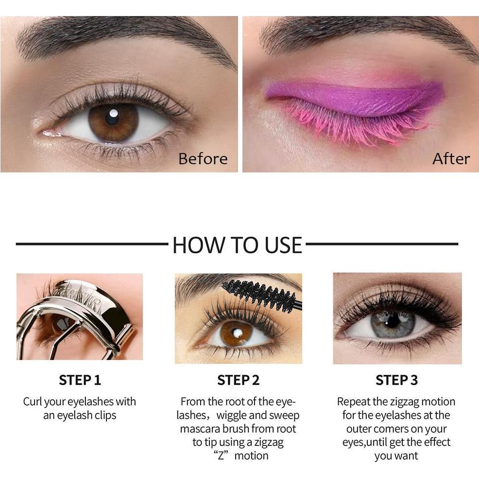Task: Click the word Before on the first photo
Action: click(203, 159)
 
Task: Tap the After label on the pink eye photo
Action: click(451, 159)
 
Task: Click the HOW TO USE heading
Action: click(237, 245)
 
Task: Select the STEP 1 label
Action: click(80, 380)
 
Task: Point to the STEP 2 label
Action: click(238, 380)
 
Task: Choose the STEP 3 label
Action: click(396, 380)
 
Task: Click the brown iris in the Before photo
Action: click(113, 122)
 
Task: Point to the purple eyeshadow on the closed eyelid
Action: click(355, 95)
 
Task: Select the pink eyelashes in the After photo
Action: click(350, 124)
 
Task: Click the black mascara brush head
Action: click(257, 293)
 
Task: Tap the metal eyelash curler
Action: click(83, 311)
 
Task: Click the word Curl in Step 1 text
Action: click(33, 402)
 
